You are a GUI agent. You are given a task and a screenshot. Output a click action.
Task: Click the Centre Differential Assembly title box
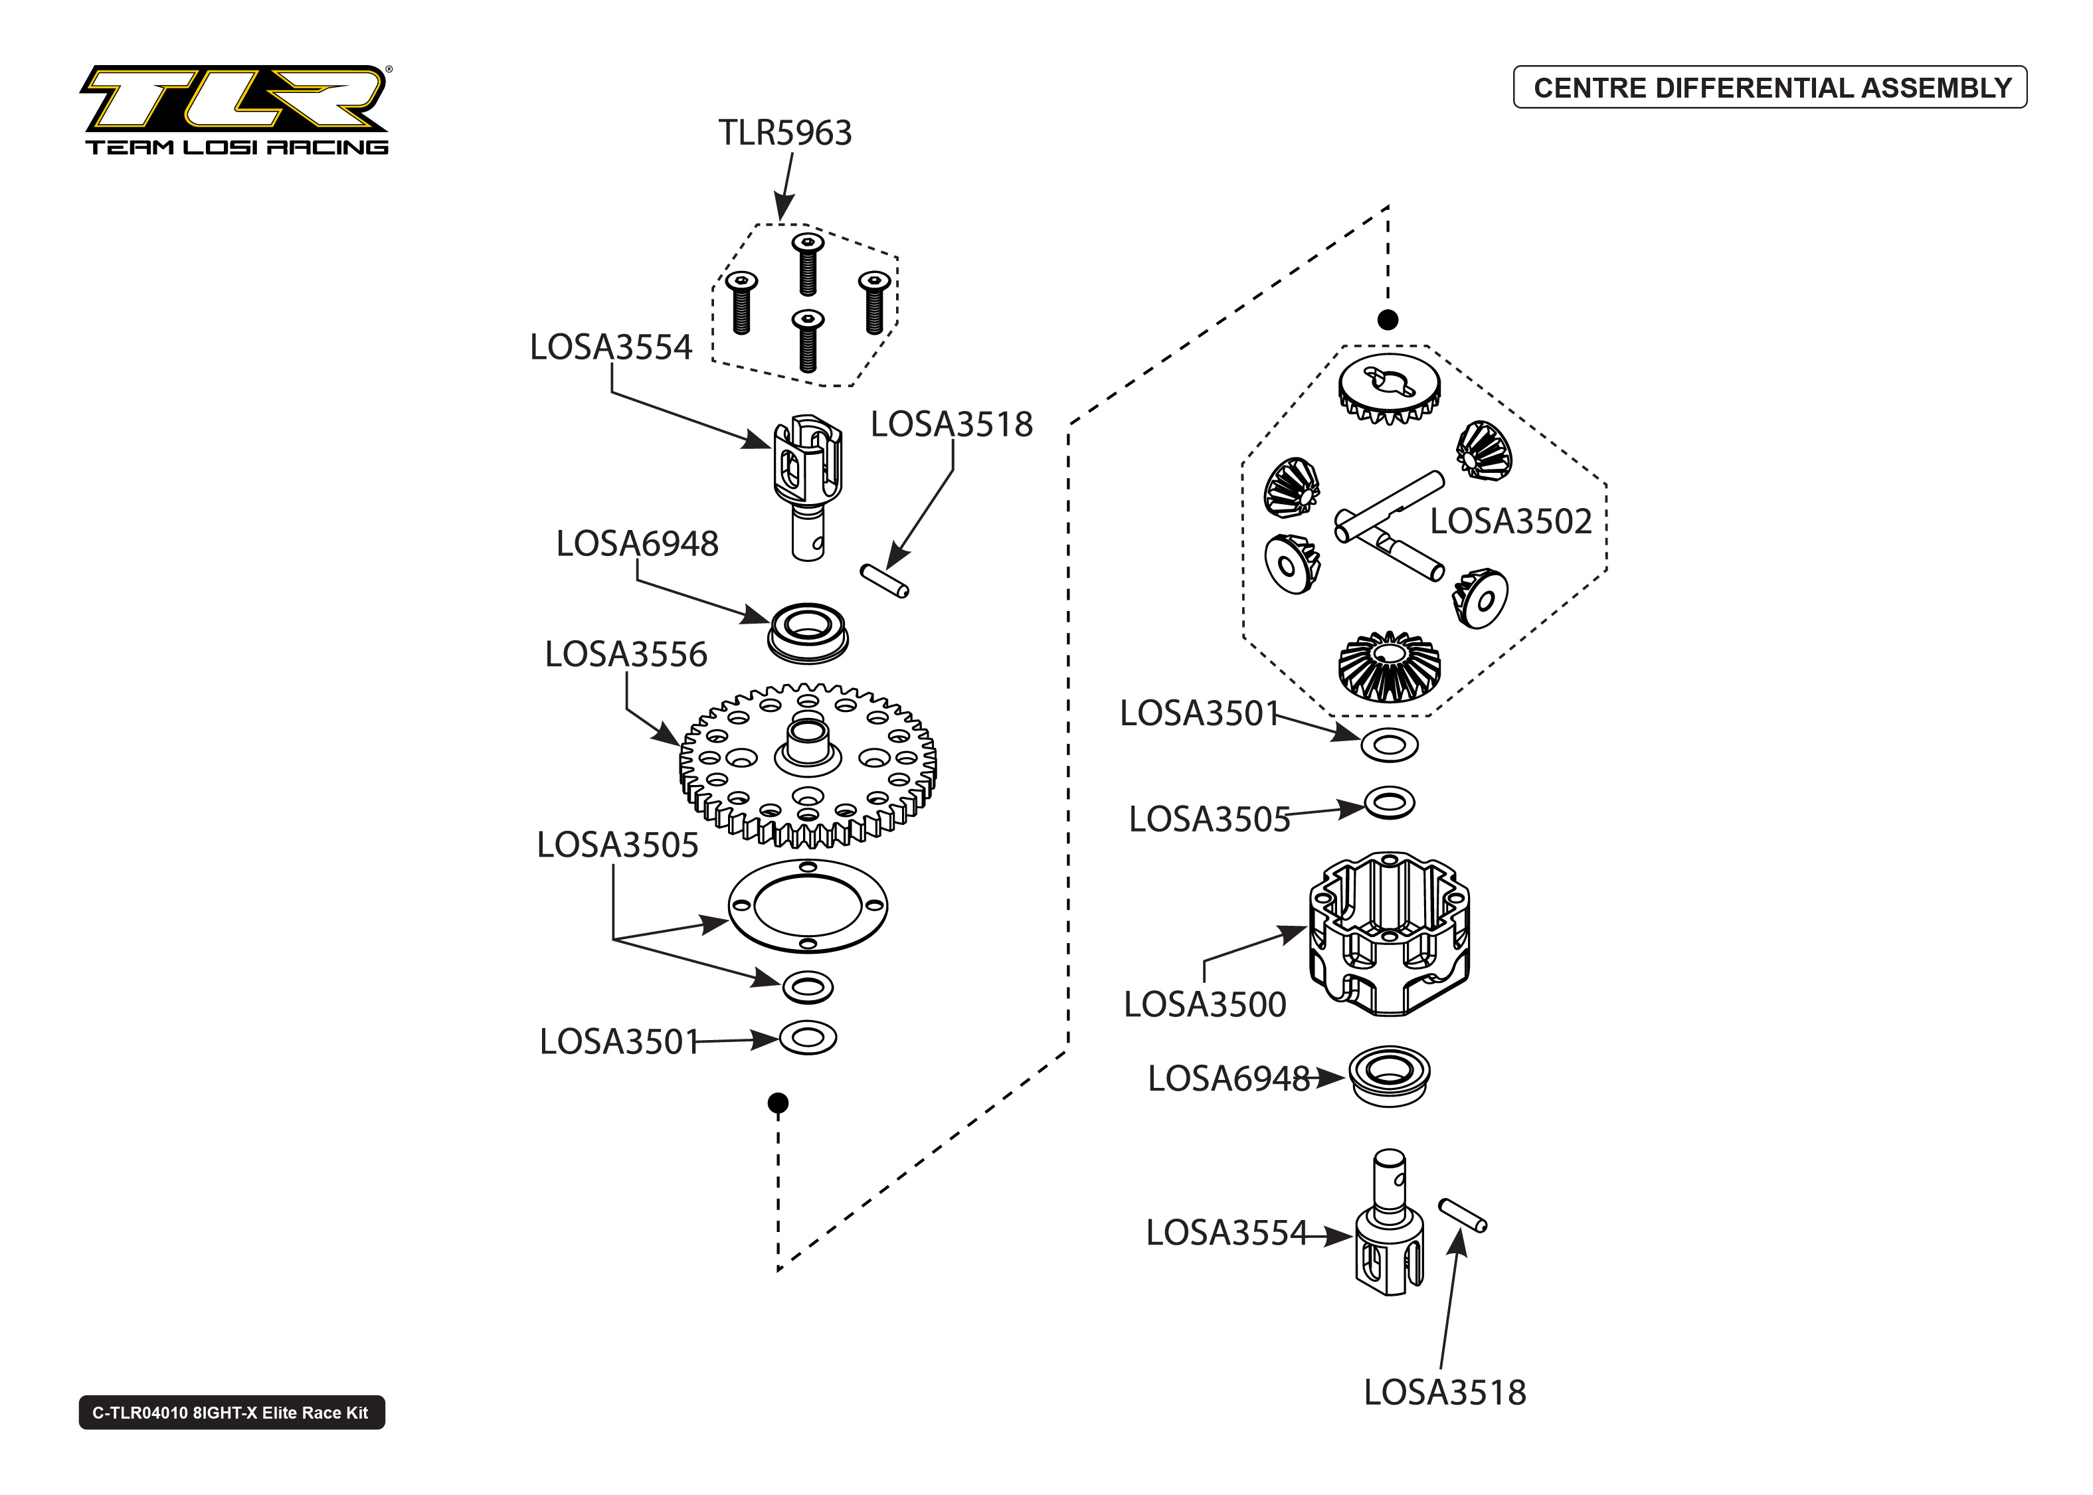pyautogui.click(x=1770, y=88)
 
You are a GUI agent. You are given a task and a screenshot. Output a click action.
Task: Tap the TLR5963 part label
pyautogui.click(x=784, y=133)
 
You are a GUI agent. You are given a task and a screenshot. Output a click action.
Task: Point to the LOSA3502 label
pyautogui.click(x=1510, y=522)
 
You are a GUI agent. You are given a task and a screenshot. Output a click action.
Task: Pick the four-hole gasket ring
pyautogui.click(x=807, y=906)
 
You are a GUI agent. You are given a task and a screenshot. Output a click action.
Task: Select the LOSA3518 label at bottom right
pyautogui.click(x=1444, y=1392)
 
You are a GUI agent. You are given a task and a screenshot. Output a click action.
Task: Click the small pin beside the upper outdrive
pyautogui.click(x=885, y=581)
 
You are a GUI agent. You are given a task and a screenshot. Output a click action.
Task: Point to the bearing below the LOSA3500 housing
pyautogui.click(x=1389, y=1075)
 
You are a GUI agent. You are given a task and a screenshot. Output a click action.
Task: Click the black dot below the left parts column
pyautogui.click(x=778, y=1102)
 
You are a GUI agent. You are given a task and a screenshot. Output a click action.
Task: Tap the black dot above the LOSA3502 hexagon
pyautogui.click(x=1387, y=319)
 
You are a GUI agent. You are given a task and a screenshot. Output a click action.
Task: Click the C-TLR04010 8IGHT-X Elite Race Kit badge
pyautogui.click(x=231, y=1412)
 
